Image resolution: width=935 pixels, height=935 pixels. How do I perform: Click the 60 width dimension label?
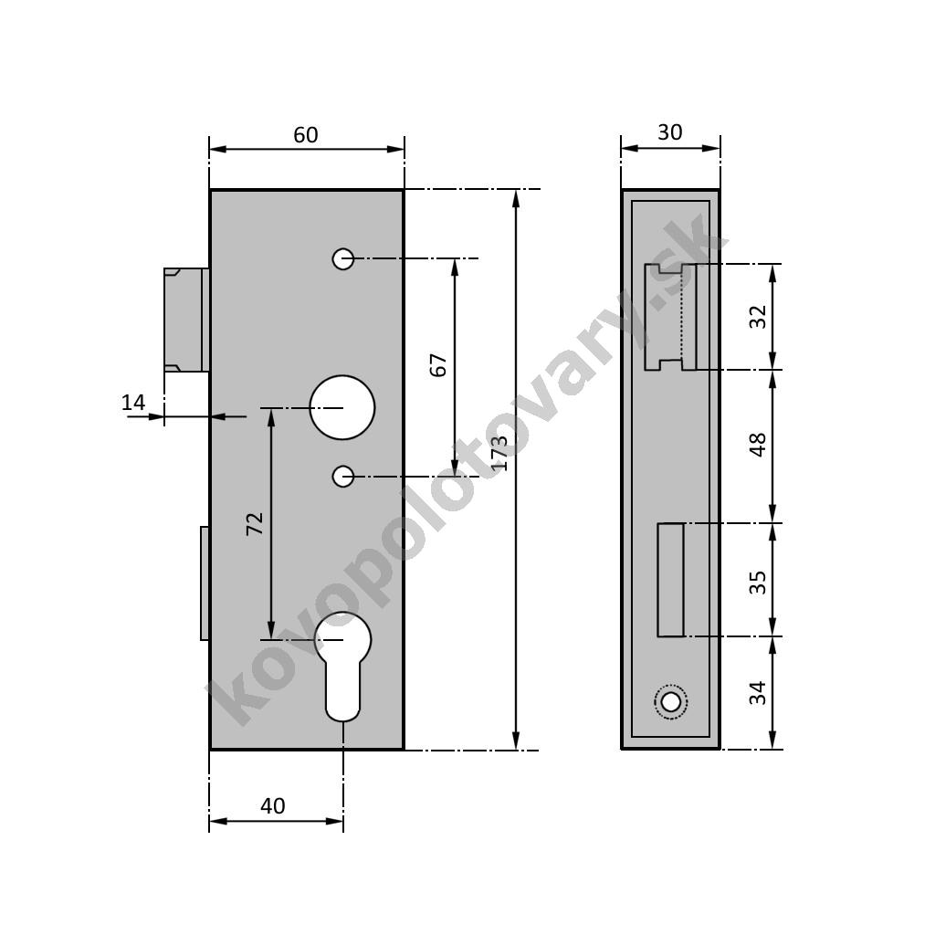click(305, 135)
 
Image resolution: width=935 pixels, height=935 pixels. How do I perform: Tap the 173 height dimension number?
click(500, 453)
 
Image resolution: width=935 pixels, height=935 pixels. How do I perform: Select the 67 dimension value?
click(438, 365)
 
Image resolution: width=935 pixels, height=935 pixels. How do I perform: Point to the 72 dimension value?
click(255, 523)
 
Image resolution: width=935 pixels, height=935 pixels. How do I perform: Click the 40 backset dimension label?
click(272, 806)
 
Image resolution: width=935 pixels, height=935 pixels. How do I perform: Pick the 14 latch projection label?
click(133, 403)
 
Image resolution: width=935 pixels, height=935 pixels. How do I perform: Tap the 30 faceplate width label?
click(669, 132)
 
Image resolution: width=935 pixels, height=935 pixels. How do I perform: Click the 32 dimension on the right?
click(757, 317)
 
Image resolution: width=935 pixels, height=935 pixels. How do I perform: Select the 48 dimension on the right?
click(757, 445)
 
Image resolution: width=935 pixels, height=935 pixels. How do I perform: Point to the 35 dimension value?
click(757, 582)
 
